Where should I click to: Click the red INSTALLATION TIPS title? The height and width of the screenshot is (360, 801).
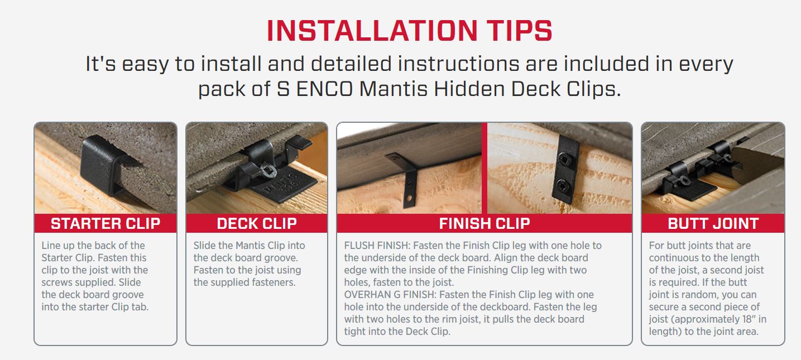tap(409, 31)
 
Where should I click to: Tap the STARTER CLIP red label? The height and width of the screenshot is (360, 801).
tap(105, 224)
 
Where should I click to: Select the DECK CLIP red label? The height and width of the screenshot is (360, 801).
tap(257, 224)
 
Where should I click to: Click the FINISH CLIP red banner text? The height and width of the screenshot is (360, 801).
tap(484, 224)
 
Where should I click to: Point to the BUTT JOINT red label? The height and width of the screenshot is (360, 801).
tap(713, 224)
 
